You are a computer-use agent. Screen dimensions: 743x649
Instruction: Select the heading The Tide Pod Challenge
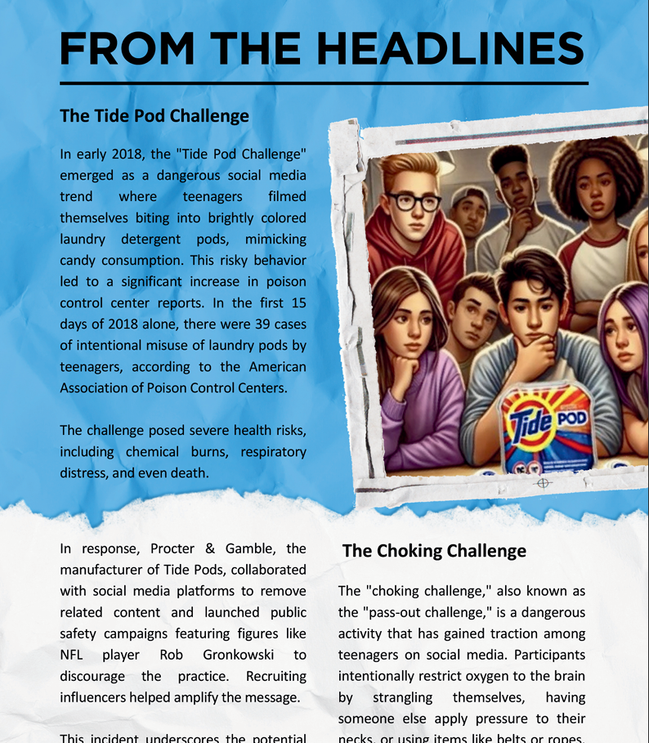pos(154,116)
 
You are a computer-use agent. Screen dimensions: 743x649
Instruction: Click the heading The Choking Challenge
pos(434,551)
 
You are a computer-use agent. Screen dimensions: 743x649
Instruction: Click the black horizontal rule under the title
pos(324,83)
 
